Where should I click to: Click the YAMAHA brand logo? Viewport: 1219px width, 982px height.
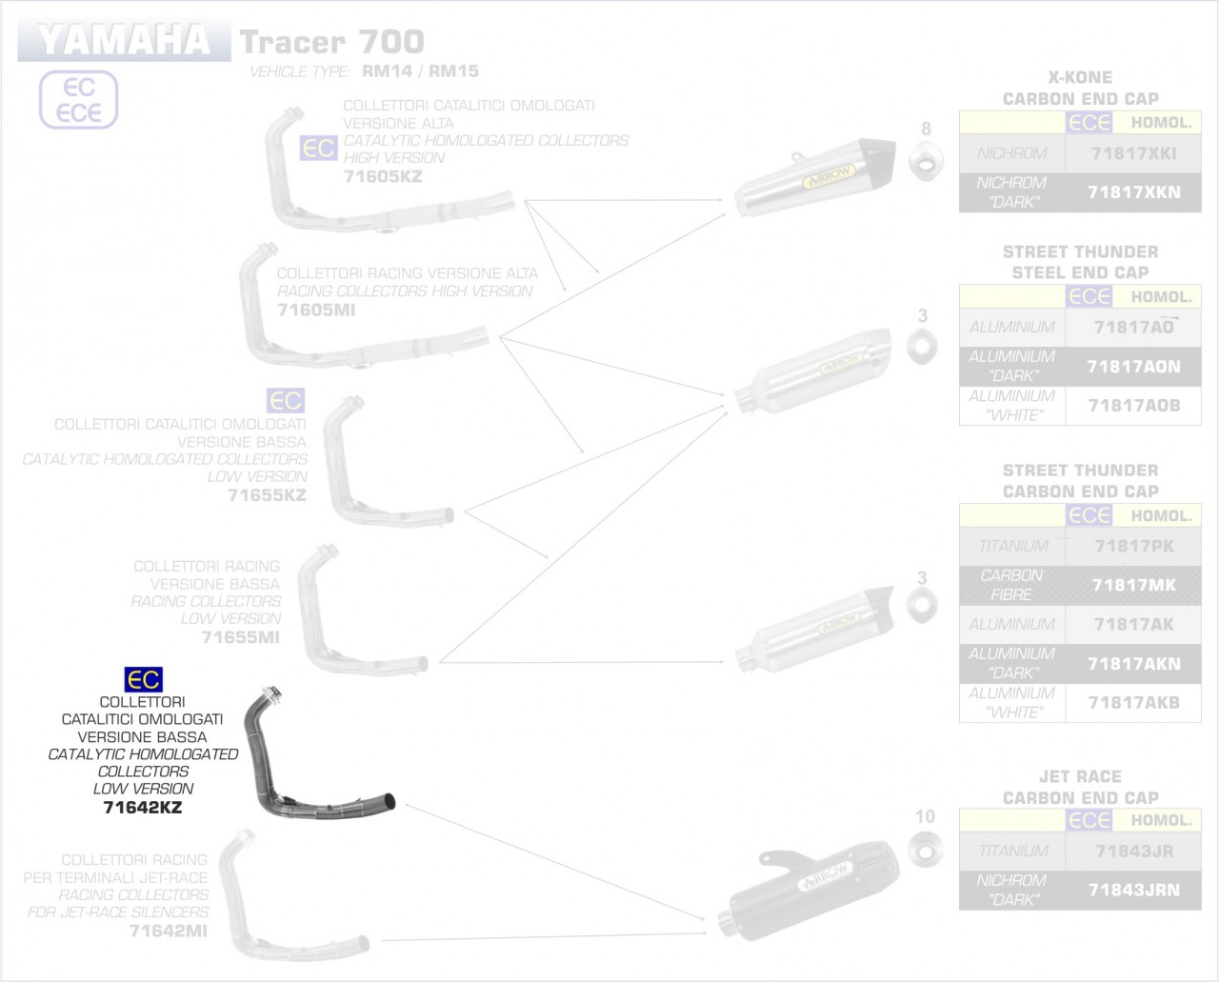coord(124,40)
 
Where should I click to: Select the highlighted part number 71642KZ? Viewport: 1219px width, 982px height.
coord(142,808)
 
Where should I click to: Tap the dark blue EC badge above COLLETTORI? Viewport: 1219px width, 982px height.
coord(144,680)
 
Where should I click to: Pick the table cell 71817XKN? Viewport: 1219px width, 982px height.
coord(1133,192)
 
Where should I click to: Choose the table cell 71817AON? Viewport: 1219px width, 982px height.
coord(1133,367)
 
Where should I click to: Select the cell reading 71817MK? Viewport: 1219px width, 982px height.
coord(1133,585)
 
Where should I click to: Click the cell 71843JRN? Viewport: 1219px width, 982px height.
coord(1133,890)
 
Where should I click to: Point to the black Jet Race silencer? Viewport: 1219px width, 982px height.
coord(809,881)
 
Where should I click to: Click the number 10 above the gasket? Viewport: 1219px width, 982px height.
coord(925,816)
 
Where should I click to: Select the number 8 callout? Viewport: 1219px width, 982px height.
coord(926,129)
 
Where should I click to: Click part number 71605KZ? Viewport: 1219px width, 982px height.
coord(382,176)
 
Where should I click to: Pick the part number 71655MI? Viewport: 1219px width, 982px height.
coord(241,636)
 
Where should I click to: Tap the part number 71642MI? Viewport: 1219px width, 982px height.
coord(168,931)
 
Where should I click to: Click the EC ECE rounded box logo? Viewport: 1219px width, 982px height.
coord(78,100)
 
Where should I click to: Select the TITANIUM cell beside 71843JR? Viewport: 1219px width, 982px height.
coord(1011,851)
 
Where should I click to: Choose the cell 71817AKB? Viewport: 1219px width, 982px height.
coord(1133,702)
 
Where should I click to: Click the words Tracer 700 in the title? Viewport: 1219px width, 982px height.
coord(331,42)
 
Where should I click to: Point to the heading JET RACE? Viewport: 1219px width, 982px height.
coord(1080,776)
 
